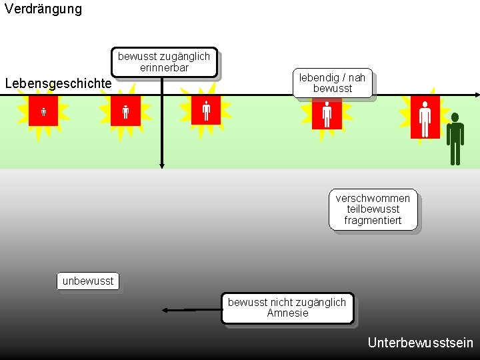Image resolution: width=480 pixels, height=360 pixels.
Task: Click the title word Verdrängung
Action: pyautogui.click(x=43, y=9)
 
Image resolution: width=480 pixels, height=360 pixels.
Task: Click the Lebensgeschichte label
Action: pyautogui.click(x=58, y=83)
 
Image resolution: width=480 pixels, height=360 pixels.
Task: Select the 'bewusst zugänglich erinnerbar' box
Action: pyautogui.click(x=164, y=62)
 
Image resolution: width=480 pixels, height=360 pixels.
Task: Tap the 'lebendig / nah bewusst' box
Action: pyautogui.click(x=332, y=83)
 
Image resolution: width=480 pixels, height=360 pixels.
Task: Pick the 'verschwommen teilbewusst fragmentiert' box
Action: pyautogui.click(x=373, y=209)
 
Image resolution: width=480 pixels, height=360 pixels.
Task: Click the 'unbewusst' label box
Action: pyautogui.click(x=88, y=281)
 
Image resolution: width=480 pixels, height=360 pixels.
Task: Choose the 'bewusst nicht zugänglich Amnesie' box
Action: pyautogui.click(x=287, y=308)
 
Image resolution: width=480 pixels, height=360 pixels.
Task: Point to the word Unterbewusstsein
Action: pyautogui.click(x=420, y=343)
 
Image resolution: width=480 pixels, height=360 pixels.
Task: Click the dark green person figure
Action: pyautogui.click(x=455, y=139)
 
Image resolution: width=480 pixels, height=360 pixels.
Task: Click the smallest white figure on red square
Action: pyautogui.click(x=43, y=111)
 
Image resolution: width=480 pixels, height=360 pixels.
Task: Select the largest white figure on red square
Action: pyautogui.click(x=425, y=118)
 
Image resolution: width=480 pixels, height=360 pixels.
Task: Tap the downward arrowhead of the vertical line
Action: pyautogui.click(x=161, y=165)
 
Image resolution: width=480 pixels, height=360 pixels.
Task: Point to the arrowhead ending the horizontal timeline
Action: pyautogui.click(x=476, y=95)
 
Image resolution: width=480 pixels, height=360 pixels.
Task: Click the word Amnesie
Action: pyautogui.click(x=287, y=313)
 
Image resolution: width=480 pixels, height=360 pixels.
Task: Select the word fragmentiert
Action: pyautogui.click(x=373, y=220)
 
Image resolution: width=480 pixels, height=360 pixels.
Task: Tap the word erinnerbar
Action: pyautogui.click(x=164, y=67)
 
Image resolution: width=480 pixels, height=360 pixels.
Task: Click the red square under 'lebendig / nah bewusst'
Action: pyautogui.click(x=327, y=114)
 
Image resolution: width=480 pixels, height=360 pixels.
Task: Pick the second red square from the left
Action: pyautogui.click(x=125, y=111)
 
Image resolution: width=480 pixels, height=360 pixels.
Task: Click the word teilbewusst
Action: pyautogui.click(x=373, y=209)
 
